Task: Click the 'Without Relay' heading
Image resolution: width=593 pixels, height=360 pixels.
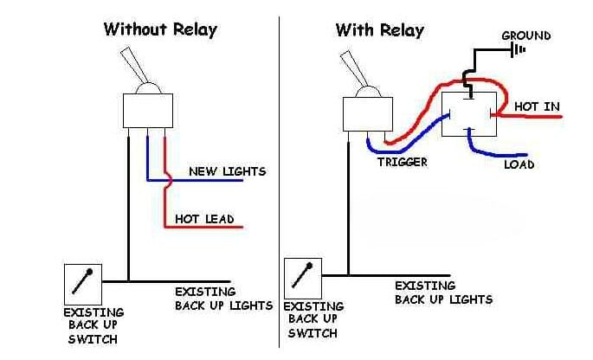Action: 160,29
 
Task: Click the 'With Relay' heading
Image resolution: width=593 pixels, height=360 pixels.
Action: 380,30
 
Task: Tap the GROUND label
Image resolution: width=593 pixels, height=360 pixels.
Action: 525,35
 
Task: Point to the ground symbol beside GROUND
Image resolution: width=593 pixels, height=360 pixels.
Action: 519,50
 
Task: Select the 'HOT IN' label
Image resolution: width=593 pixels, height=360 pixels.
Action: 537,106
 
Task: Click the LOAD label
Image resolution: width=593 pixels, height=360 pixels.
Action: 519,164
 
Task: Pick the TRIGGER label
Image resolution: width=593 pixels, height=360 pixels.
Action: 402,162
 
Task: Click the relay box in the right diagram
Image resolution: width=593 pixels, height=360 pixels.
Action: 467,113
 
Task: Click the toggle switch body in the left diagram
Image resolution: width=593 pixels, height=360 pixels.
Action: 150,110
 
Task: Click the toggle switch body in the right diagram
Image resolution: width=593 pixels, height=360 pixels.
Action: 364,113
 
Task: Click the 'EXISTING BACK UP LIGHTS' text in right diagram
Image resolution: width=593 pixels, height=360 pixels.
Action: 443,292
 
